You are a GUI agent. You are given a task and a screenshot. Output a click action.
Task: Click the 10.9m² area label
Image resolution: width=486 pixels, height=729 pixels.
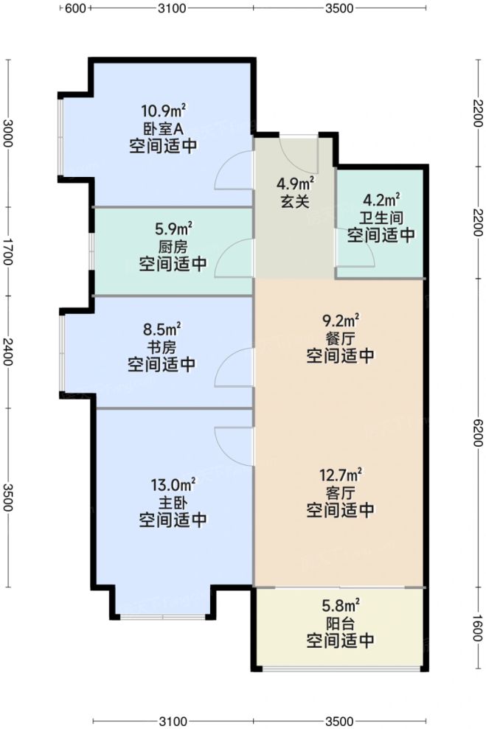(x=163, y=111)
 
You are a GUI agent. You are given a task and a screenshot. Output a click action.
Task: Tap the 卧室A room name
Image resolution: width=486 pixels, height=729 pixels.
(x=163, y=128)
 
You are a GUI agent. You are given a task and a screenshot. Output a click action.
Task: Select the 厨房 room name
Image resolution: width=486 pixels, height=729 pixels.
(x=173, y=246)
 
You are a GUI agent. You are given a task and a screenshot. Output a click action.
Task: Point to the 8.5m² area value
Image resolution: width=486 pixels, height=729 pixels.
(x=162, y=329)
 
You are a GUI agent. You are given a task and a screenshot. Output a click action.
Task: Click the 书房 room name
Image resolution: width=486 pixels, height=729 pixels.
(x=162, y=346)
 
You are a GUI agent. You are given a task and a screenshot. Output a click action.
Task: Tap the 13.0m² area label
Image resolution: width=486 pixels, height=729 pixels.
(x=173, y=485)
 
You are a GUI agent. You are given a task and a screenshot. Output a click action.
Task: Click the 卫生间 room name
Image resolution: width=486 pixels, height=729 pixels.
(x=381, y=217)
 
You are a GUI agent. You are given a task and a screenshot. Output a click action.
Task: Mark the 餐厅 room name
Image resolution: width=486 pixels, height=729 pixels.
(x=340, y=338)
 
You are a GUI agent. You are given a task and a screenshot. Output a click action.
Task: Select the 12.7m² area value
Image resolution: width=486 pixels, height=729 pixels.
(x=340, y=474)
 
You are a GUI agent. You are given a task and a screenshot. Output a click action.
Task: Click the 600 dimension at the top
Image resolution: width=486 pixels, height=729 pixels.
(x=76, y=9)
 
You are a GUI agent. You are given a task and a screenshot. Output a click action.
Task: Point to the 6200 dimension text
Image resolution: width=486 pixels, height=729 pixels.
(x=478, y=430)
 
